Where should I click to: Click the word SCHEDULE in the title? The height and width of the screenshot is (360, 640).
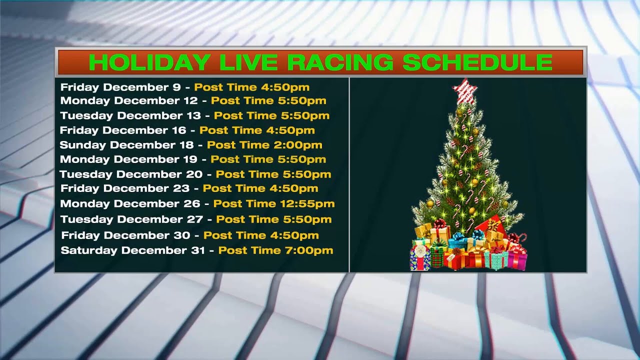pyautogui.click(x=477, y=62)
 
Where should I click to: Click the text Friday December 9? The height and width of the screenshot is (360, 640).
pyautogui.click(x=120, y=87)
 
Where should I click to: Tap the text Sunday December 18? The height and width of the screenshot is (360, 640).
pyautogui.click(x=126, y=145)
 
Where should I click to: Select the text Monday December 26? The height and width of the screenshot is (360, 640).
pyautogui.click(x=130, y=203)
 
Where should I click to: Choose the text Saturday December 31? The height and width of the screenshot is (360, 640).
pyautogui.click(x=133, y=250)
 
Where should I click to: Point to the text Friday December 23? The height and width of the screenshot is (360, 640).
pyautogui.click(x=125, y=188)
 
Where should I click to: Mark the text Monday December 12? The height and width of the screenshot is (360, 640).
pyautogui.click(x=129, y=100)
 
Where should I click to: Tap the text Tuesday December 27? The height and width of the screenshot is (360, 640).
pyautogui.click(x=131, y=219)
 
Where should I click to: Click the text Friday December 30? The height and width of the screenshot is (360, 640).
pyautogui.click(x=126, y=235)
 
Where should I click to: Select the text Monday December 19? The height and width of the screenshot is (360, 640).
pyautogui.click(x=129, y=159)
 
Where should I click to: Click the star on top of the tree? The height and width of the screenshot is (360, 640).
pyautogui.click(x=465, y=90)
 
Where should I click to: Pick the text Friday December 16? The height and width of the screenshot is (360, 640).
pyautogui.click(x=123, y=130)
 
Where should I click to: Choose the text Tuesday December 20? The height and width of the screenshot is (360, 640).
pyautogui.click(x=131, y=174)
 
